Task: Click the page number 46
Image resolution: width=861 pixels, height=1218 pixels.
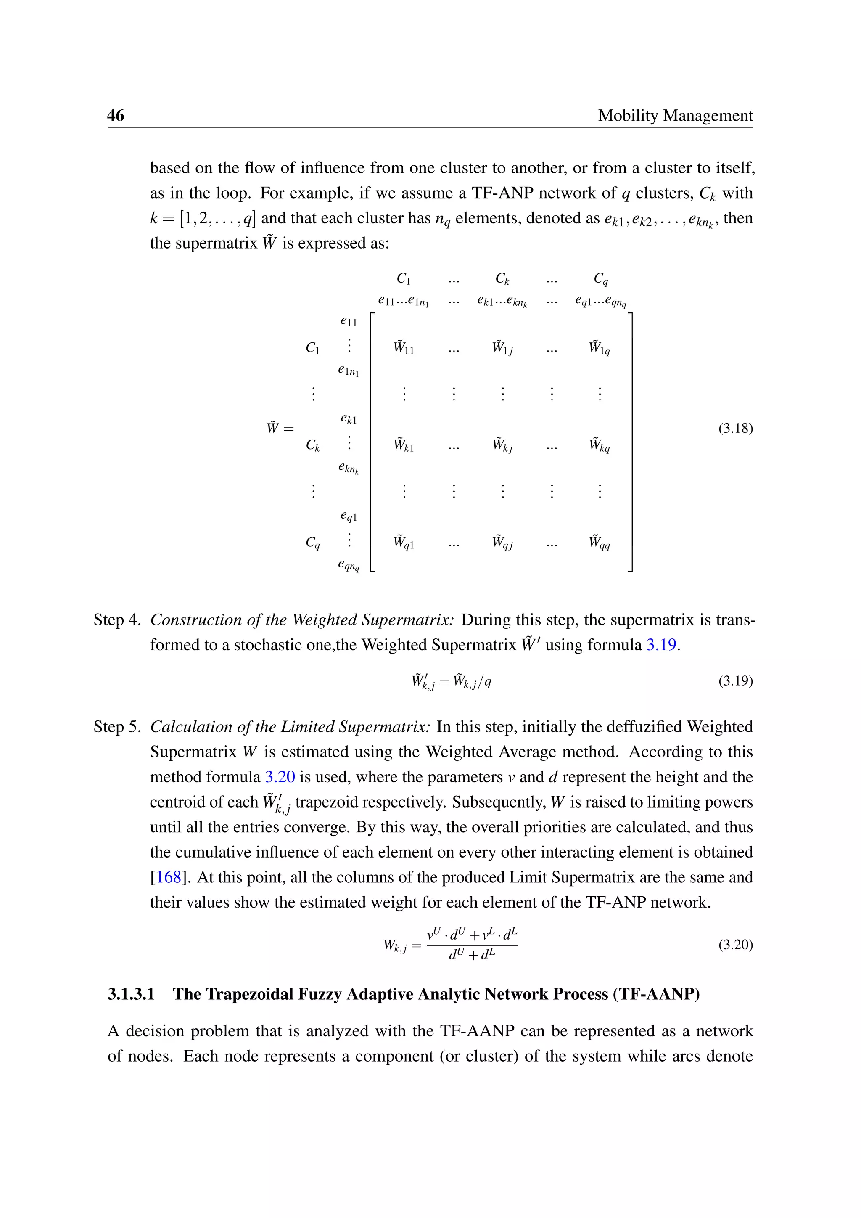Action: click(116, 115)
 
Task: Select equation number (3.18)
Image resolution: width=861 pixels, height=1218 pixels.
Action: click(735, 428)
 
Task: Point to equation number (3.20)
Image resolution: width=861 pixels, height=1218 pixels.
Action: click(735, 944)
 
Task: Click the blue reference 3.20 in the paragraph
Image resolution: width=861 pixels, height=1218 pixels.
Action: click(280, 777)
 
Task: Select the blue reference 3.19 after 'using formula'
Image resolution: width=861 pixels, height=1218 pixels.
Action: click(661, 645)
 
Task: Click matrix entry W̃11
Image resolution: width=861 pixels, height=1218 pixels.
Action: click(404, 348)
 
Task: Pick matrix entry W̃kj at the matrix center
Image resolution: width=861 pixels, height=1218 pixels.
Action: click(502, 445)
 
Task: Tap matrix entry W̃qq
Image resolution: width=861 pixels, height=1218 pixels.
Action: click(599, 542)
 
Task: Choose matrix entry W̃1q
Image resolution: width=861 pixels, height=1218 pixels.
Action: click(599, 348)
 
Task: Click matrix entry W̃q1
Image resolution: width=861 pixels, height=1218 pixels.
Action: click(404, 542)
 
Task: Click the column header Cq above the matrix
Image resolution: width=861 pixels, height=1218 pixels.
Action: click(600, 278)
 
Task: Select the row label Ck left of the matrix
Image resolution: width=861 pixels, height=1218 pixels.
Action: click(313, 445)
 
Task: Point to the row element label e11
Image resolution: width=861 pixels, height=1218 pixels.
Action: click(349, 321)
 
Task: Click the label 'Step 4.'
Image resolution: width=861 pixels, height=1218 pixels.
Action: click(116, 620)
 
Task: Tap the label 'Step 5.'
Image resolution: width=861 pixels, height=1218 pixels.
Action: click(116, 726)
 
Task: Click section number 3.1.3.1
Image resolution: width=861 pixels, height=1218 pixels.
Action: click(131, 993)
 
